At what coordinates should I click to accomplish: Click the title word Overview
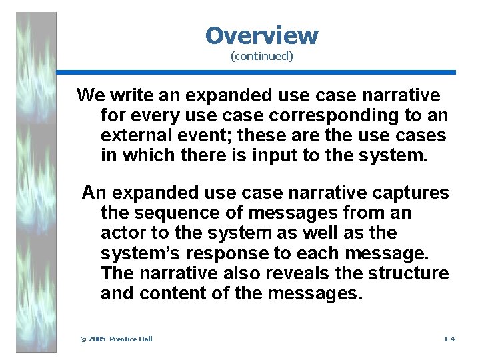(x=261, y=35)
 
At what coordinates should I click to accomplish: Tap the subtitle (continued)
(x=261, y=57)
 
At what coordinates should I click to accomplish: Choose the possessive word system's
(x=136, y=253)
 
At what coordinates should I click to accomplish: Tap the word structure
(x=409, y=273)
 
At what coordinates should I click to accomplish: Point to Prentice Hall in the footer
(x=131, y=339)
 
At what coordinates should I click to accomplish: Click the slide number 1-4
(x=449, y=339)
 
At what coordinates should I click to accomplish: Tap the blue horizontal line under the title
(x=256, y=72)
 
